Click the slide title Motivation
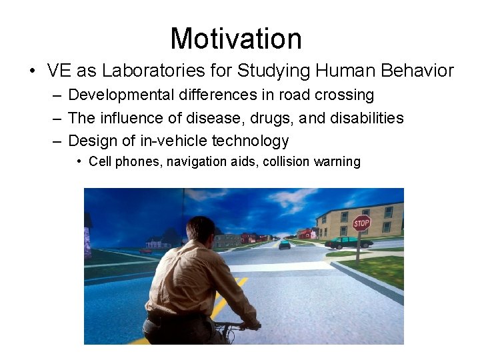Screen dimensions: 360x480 click(x=236, y=39)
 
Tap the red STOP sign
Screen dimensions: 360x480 click(x=361, y=223)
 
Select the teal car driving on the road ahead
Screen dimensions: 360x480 click(x=285, y=244)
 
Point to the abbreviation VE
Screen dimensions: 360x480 click(x=59, y=71)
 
